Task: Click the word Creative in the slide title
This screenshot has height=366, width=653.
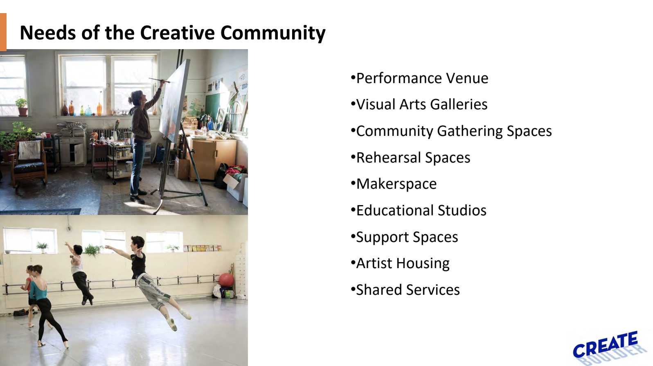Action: pos(177,33)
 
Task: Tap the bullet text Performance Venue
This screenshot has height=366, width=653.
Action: pos(422,78)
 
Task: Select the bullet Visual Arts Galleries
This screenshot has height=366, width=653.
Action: pos(421,105)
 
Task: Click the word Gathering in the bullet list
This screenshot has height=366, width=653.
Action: pos(470,131)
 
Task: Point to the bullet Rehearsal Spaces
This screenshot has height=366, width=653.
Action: pos(413,158)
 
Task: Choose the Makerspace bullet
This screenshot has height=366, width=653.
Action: pos(396,184)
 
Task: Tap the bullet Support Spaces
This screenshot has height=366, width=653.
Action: pos(407,237)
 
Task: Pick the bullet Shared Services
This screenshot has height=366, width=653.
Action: pos(408,290)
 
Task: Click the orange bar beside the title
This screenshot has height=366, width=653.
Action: pos(3,32)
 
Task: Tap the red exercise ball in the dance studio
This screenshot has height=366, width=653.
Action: pos(226,280)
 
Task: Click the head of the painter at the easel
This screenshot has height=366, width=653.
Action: pos(137,97)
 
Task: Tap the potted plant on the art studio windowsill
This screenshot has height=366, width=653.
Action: pos(22,106)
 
